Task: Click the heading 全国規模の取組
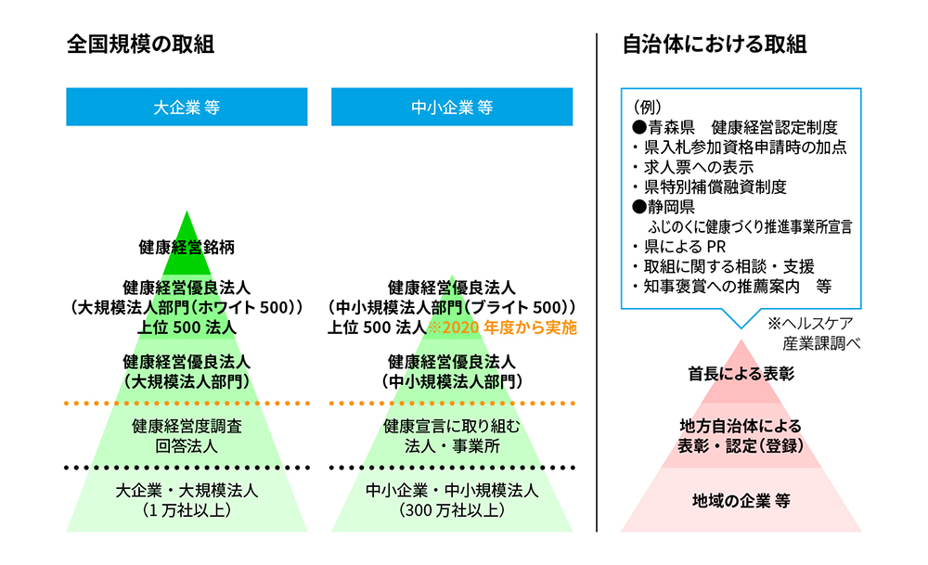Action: [140, 45]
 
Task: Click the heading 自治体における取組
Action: [715, 45]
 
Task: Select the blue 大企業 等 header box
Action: [187, 107]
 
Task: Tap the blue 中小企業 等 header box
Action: [452, 107]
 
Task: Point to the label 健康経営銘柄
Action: [187, 248]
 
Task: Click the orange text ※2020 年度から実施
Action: [502, 327]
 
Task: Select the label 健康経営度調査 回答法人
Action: [187, 436]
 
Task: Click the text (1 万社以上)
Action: [187, 510]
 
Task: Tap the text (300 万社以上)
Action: [452, 510]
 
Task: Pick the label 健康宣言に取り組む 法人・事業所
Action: [452, 436]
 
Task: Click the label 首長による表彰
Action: [741, 374]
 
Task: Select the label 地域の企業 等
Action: [741, 501]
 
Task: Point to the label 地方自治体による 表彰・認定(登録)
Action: [741, 436]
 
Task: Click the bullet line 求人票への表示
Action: [693, 167]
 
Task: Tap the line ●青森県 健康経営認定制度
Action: [735, 127]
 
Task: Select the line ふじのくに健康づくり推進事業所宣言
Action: [750, 226]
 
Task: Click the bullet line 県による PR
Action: [679, 247]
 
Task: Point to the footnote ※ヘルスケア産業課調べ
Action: [814, 333]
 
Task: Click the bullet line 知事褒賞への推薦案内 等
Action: [732, 287]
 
